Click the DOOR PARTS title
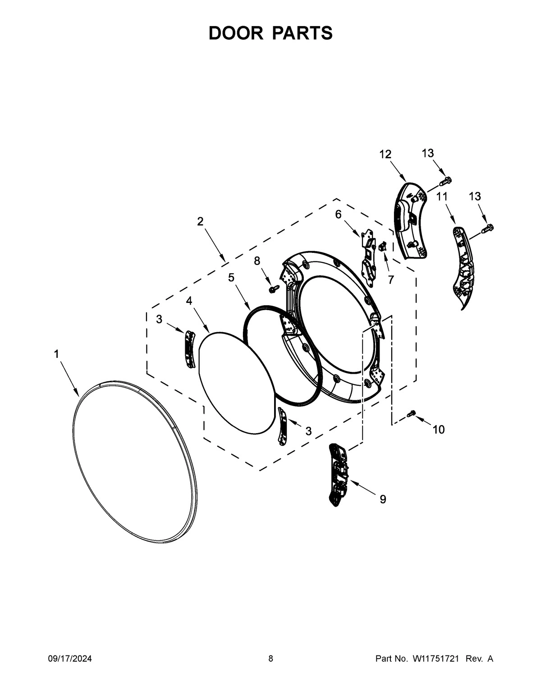270,33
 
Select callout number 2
200,221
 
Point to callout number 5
231,277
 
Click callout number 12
385,155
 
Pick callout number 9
383,499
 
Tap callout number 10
438,430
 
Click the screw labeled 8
272,288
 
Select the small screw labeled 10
411,413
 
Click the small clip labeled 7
381,246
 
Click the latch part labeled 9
338,475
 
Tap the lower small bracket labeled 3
283,426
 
